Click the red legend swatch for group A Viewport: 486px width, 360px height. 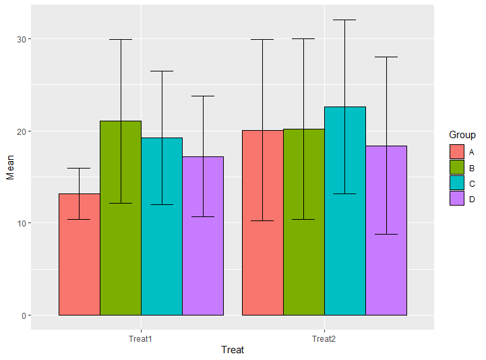pyautogui.click(x=457, y=151)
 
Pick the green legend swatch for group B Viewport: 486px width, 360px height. pyautogui.click(x=457, y=167)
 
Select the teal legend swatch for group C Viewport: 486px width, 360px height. pyautogui.click(x=457, y=182)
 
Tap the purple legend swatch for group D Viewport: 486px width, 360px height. pyautogui.click(x=457, y=198)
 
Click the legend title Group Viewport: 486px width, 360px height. pyautogui.click(x=462, y=135)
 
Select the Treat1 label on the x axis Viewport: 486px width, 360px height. pyautogui.click(x=140, y=338)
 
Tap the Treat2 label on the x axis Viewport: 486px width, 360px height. pyautogui.click(x=324, y=338)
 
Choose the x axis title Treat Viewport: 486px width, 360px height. pyautogui.click(x=233, y=350)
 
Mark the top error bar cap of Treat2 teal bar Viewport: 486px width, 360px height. pyautogui.click(x=345, y=20)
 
